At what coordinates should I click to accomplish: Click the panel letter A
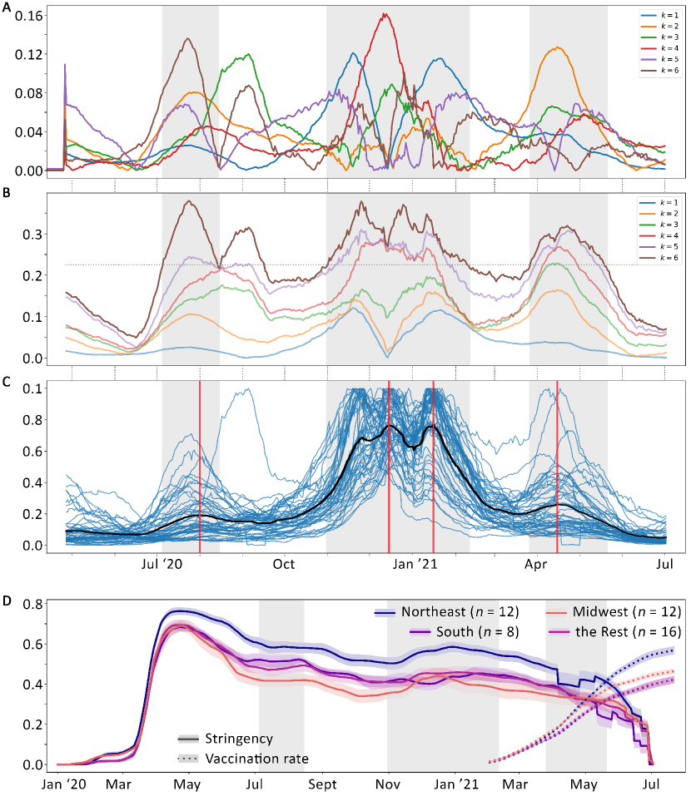tap(7, 7)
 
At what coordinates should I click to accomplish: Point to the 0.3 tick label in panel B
tap(33, 234)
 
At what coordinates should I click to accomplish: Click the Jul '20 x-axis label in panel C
tap(162, 565)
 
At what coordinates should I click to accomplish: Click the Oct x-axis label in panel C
tap(284, 565)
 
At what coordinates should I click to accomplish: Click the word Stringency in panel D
tap(242, 738)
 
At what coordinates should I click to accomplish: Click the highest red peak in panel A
tap(385, 14)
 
